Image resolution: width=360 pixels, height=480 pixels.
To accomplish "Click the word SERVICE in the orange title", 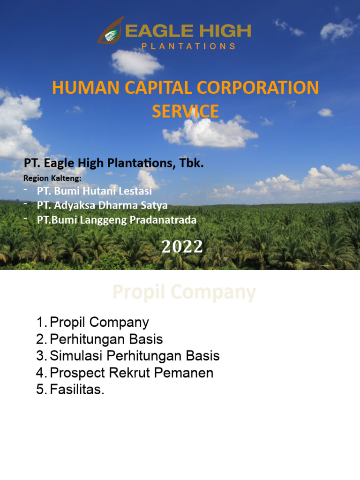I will tap(185, 111).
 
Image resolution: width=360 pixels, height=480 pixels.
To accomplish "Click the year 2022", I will tap(182, 247).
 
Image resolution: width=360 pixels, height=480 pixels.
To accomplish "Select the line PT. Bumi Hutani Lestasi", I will tap(94, 191).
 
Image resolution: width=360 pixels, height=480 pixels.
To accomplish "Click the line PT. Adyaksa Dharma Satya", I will tap(102, 205).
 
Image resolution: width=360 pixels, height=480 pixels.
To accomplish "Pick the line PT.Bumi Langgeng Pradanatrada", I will tap(116, 219).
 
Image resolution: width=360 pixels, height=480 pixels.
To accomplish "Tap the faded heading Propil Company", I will tap(184, 292).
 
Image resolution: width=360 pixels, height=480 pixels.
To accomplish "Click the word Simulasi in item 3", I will tap(76, 356).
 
